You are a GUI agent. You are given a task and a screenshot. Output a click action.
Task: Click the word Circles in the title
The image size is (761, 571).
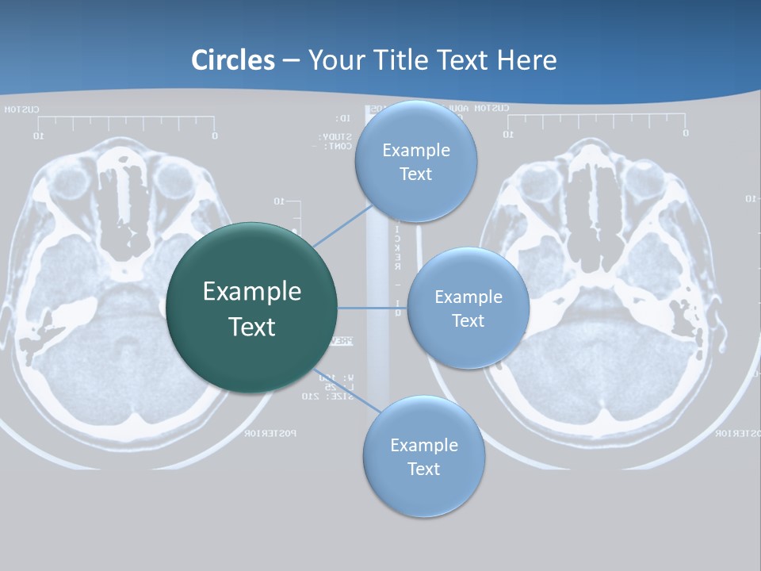pyautogui.click(x=232, y=60)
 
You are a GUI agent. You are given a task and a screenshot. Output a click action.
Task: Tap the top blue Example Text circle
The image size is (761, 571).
pyautogui.click(x=415, y=162)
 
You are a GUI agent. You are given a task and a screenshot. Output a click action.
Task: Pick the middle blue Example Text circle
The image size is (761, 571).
pyautogui.click(x=468, y=308)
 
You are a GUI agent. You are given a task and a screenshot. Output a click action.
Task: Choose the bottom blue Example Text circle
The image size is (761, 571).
pyautogui.click(x=423, y=457)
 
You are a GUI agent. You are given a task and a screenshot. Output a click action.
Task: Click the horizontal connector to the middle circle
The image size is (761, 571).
pyautogui.click(x=373, y=308)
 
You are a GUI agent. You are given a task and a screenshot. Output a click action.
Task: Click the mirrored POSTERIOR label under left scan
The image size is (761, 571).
pyautogui.click(x=270, y=433)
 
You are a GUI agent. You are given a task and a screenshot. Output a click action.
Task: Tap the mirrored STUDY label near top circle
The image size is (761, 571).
pyautogui.click(x=324, y=136)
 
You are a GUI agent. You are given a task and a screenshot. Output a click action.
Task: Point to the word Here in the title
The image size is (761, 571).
pyautogui.click(x=527, y=60)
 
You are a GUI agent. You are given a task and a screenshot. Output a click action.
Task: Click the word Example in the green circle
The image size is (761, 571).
pyautogui.click(x=252, y=291)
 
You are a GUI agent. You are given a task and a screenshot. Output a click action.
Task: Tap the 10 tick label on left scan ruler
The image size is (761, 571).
pyautogui.click(x=37, y=136)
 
